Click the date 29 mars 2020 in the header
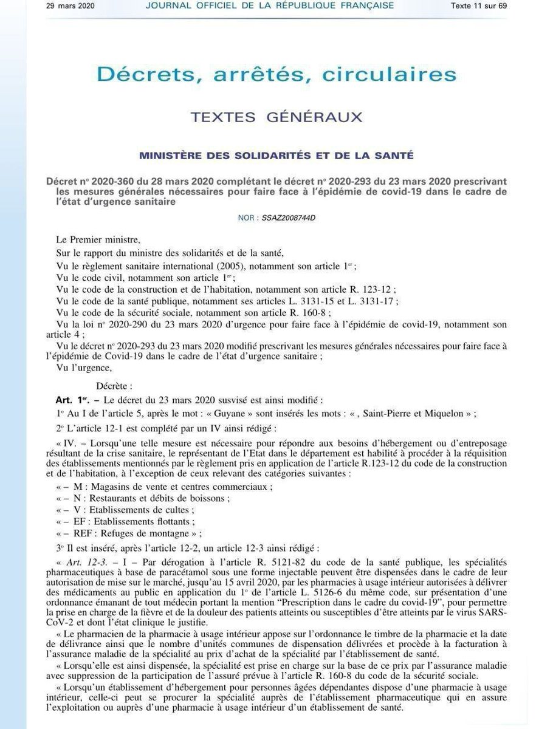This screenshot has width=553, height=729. (x=70, y=6)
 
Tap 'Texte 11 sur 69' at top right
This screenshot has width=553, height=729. (x=478, y=6)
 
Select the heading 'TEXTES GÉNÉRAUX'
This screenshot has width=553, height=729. (x=276, y=117)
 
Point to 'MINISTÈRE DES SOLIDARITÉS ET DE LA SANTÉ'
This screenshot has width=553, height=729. (x=276, y=156)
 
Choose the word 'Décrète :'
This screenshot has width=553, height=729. (x=114, y=385)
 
